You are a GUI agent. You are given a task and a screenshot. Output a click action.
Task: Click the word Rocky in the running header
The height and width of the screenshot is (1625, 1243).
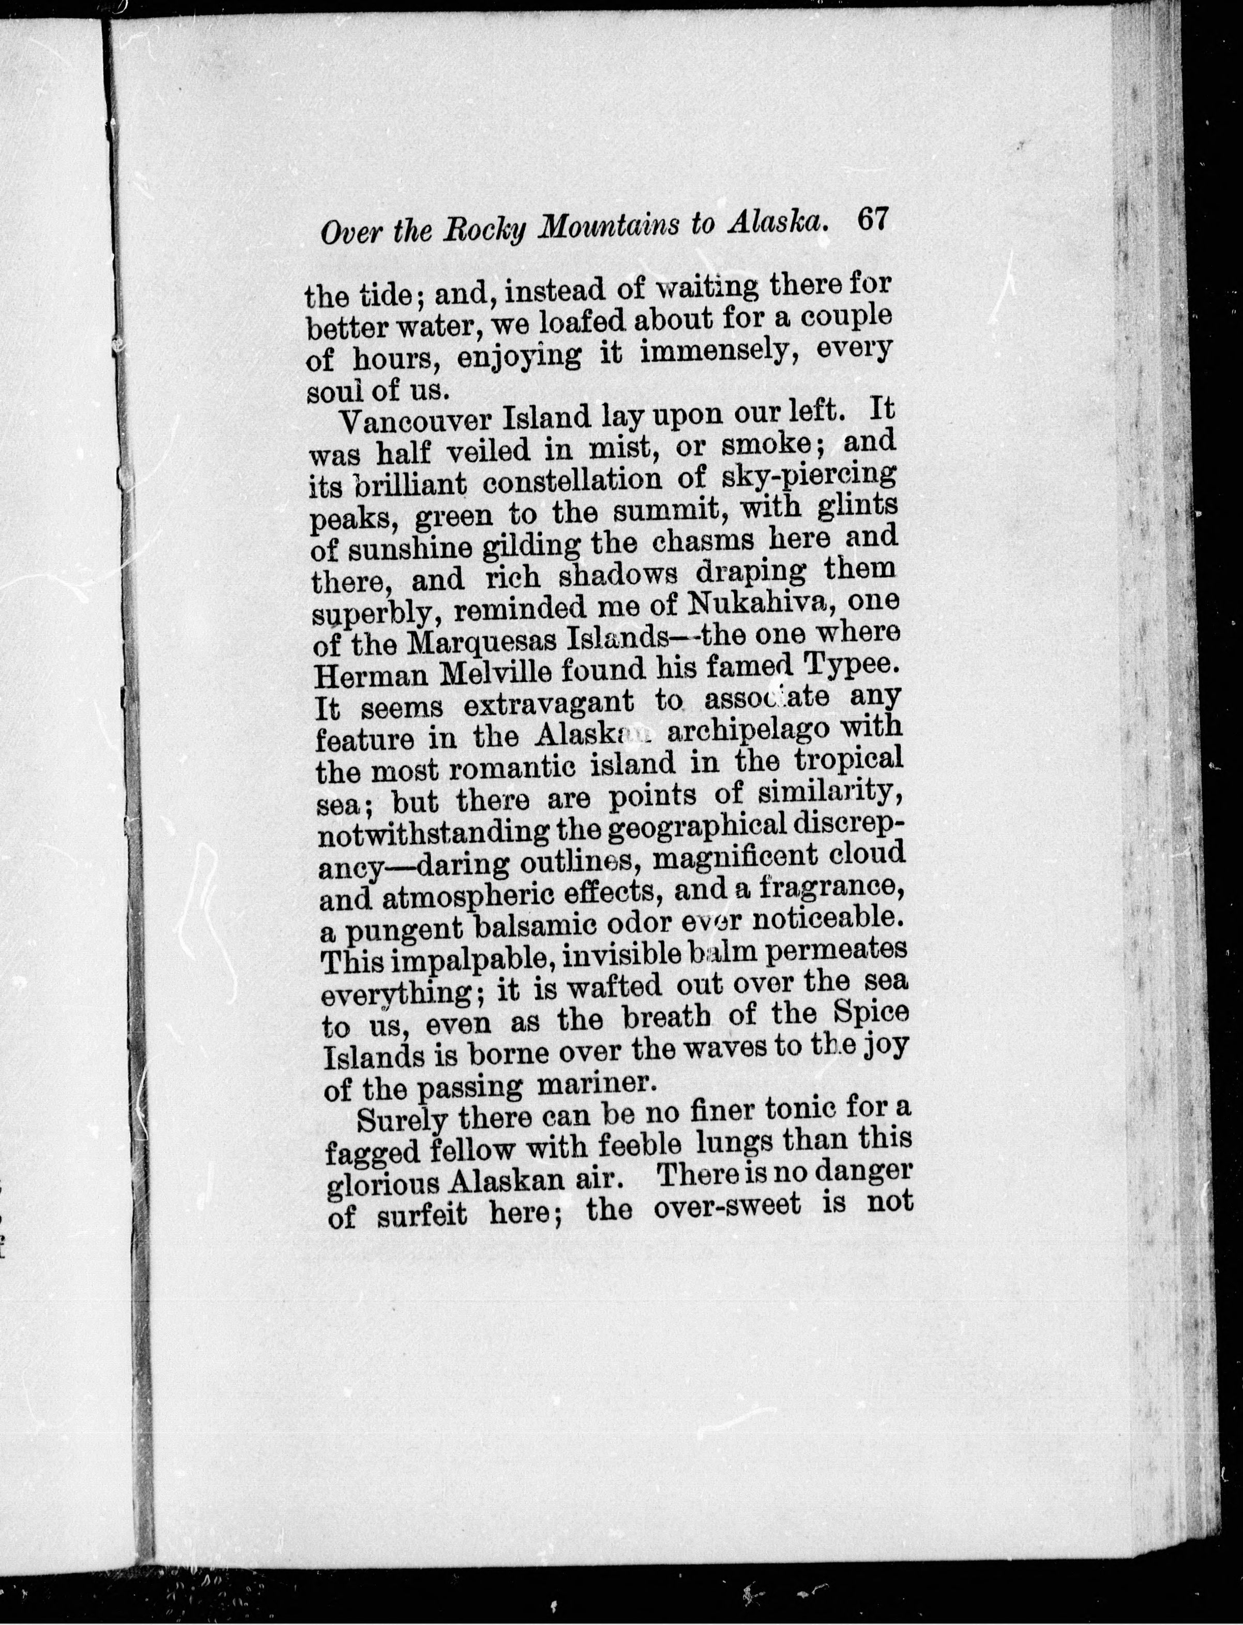point(483,228)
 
